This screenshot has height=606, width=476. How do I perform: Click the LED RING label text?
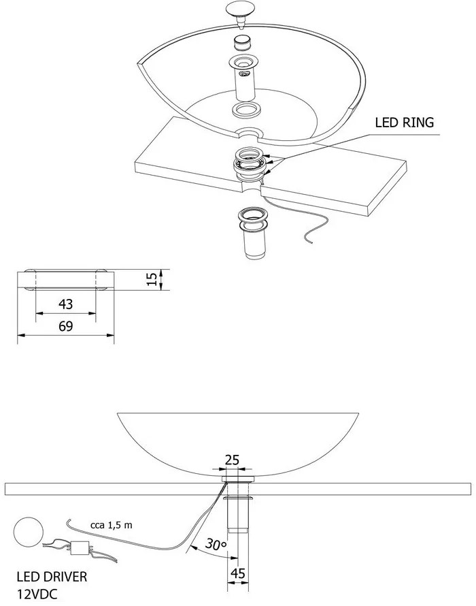[404, 123]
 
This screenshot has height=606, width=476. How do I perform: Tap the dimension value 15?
[152, 279]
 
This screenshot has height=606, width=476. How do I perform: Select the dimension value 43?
[66, 304]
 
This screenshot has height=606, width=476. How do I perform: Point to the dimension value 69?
[66, 326]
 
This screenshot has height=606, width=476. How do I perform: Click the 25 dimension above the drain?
[232, 460]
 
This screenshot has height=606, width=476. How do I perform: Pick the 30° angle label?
[216, 544]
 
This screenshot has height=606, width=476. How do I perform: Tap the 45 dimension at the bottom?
[237, 573]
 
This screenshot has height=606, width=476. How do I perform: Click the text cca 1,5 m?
[112, 524]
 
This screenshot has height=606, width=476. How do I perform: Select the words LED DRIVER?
[52, 577]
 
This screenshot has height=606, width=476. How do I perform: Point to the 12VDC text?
[37, 594]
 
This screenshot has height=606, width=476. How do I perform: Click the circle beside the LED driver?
[29, 532]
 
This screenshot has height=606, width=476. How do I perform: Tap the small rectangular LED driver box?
[80, 547]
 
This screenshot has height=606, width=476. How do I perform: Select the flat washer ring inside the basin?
[247, 110]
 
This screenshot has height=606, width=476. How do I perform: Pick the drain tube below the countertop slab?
[254, 233]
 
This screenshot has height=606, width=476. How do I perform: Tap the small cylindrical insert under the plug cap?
[243, 42]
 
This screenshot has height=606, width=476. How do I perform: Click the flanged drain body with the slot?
[245, 78]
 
